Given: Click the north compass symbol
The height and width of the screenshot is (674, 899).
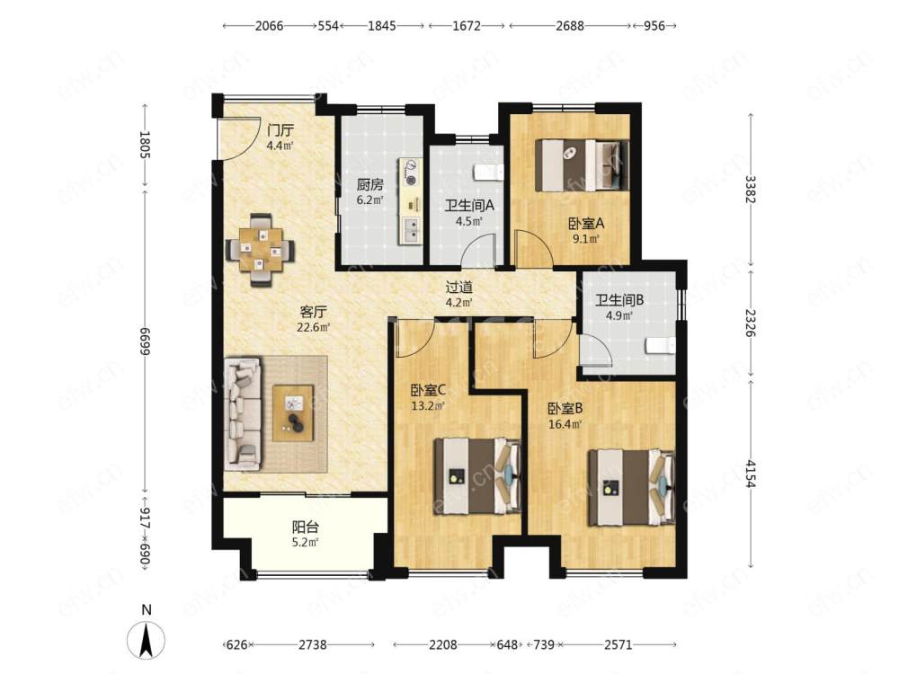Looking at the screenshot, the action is pos(146,638).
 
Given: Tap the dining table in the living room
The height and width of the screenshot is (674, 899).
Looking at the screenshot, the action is pos(261,250).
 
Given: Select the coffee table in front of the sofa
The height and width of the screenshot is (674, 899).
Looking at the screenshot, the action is pos(293,412).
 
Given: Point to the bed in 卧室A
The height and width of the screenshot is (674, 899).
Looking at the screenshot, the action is pos(582,165).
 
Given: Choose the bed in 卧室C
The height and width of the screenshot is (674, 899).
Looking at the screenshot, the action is pos(477,476).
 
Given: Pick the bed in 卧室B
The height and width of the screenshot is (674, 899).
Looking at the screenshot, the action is pos(632,487).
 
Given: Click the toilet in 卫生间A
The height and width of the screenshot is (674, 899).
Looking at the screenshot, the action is pos(489,172).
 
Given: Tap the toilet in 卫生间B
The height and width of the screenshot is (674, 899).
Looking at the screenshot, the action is pos(661,346).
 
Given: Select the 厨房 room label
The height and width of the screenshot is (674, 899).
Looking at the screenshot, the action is pos(369,185).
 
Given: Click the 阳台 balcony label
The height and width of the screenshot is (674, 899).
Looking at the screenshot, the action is pos(305,527).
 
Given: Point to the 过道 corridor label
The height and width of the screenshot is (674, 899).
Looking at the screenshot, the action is pos(459,287).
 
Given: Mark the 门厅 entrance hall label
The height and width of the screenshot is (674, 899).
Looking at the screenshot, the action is pos(280,130).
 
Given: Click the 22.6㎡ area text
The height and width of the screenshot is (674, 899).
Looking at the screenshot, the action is pos(313,328).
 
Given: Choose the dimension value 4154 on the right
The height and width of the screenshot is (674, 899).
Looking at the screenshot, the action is pos(751,473).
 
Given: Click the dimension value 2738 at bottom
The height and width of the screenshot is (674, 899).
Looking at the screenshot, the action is pos(313,644).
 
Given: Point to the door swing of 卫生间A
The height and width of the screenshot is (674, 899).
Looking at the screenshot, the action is pos(479,250).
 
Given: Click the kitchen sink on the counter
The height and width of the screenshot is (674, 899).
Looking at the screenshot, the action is pos(412,232).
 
